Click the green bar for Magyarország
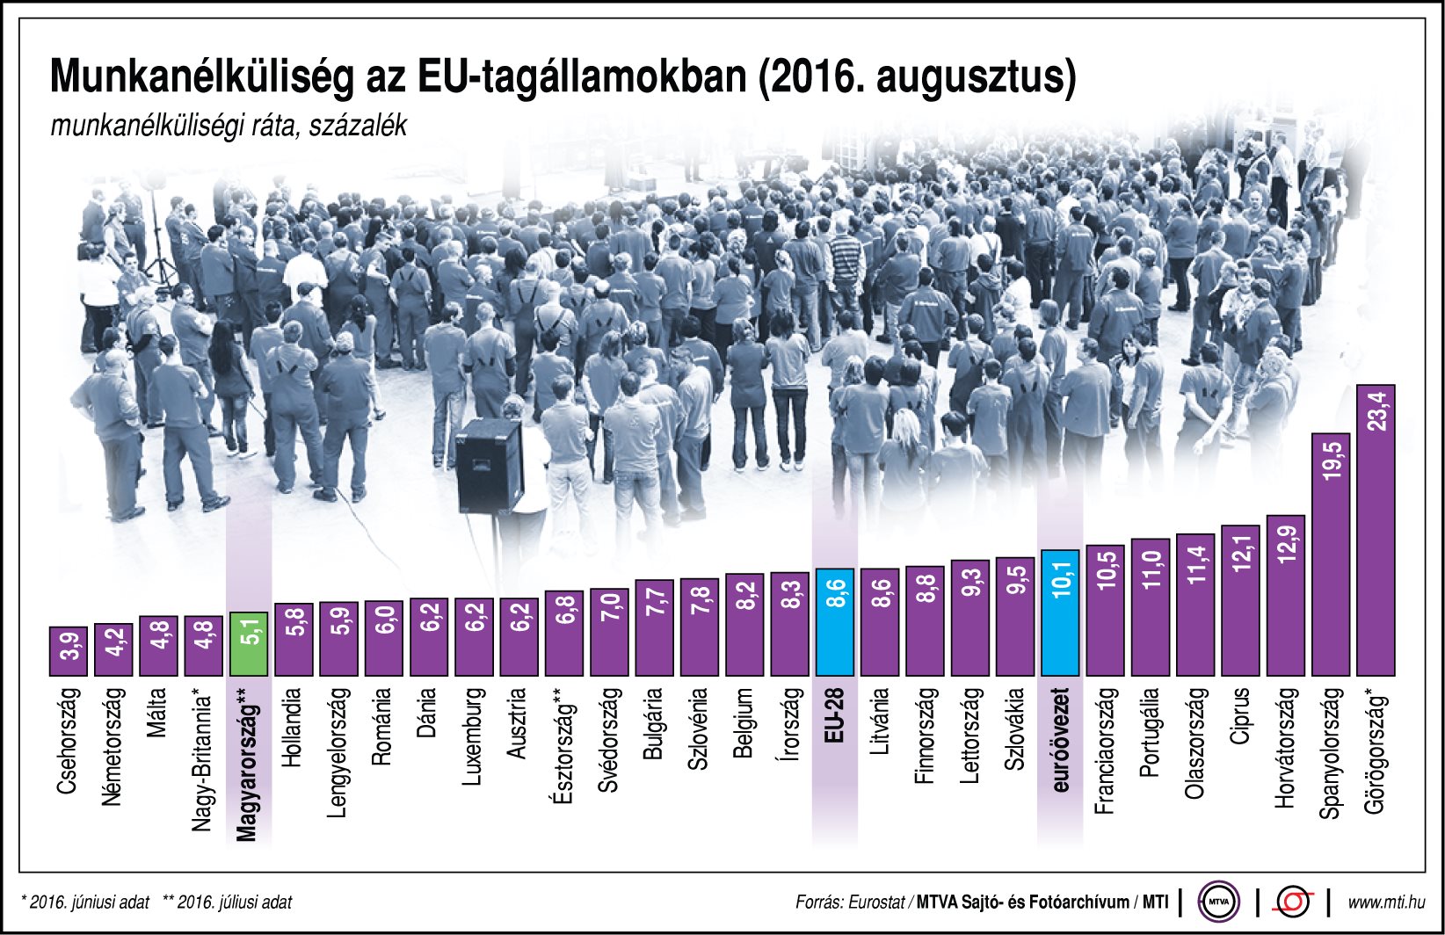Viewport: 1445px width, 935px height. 249,643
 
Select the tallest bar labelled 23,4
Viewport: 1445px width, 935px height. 1376,530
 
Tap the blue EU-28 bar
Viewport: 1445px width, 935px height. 834,622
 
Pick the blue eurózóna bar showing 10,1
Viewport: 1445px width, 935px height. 1060,612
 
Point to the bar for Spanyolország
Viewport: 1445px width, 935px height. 1331,554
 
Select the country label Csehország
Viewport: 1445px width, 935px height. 69,742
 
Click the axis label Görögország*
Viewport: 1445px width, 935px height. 1376,755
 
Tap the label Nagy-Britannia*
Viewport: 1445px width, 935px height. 203,763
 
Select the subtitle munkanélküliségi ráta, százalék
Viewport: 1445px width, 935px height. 229,126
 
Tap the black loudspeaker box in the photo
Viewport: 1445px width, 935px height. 489,467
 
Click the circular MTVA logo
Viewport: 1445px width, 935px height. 1218,902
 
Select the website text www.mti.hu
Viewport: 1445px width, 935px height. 1386,902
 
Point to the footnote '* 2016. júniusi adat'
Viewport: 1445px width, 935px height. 84,902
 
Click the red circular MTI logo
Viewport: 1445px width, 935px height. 1293,902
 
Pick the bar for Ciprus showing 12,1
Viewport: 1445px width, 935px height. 1240,600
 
